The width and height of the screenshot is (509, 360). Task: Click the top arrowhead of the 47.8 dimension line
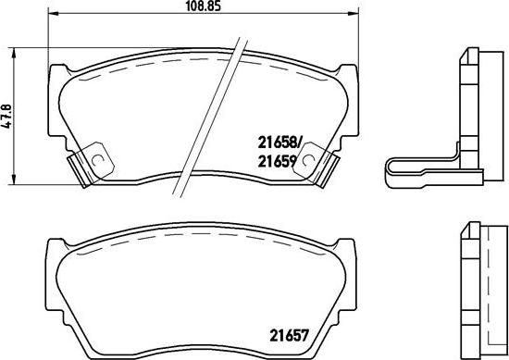point(14,51)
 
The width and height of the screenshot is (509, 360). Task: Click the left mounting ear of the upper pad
point(57,79)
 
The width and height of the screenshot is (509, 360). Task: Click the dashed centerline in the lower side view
point(481,287)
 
